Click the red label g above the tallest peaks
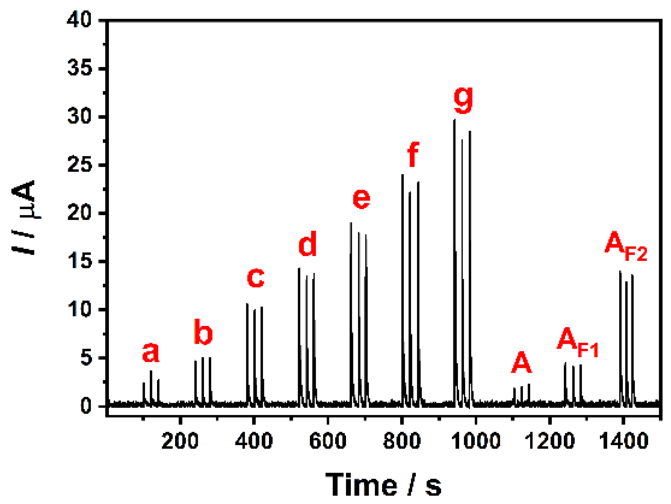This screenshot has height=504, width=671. point(463,100)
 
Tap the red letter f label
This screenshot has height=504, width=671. point(413,155)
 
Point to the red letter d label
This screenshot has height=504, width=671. point(307,244)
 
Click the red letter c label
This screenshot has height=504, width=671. point(255,278)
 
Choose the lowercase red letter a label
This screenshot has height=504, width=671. point(151,352)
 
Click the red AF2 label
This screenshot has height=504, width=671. point(625,245)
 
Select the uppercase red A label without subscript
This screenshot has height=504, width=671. point(521,363)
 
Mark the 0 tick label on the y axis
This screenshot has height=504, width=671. point(86,406)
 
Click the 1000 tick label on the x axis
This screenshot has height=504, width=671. point(476,441)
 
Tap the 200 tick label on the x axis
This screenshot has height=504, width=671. point(180,441)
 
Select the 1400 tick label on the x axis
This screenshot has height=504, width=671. point(623,441)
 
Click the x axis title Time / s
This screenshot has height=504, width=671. point(383,485)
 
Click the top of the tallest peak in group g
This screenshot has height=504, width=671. point(455,120)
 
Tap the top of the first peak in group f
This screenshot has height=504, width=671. point(402,175)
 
